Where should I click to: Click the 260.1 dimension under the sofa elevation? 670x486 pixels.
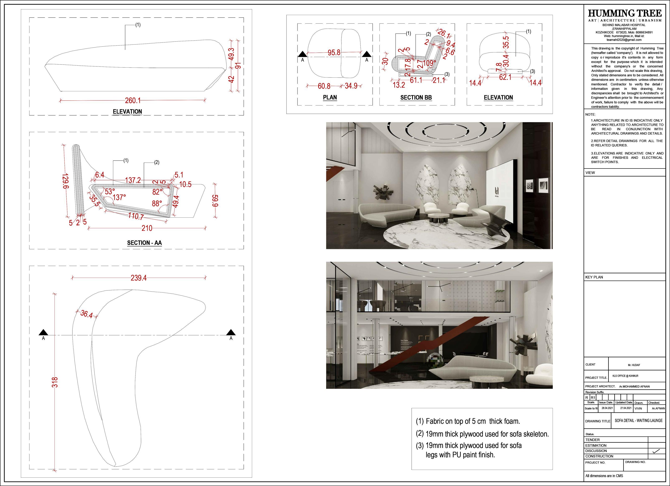[133, 101]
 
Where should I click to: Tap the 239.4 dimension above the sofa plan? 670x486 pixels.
[138, 278]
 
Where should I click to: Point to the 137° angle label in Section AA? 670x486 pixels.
[119, 197]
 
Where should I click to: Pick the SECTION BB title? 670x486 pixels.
[416, 98]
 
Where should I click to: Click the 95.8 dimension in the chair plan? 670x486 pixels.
[334, 53]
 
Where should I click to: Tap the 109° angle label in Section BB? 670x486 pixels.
[429, 63]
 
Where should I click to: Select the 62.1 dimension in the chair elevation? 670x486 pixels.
[505, 77]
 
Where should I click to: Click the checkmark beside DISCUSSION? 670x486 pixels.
[656, 451]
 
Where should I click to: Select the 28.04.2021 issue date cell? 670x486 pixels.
[607, 408]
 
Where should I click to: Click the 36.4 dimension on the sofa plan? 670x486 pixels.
[86, 314]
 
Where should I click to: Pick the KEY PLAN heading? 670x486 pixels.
[594, 277]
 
